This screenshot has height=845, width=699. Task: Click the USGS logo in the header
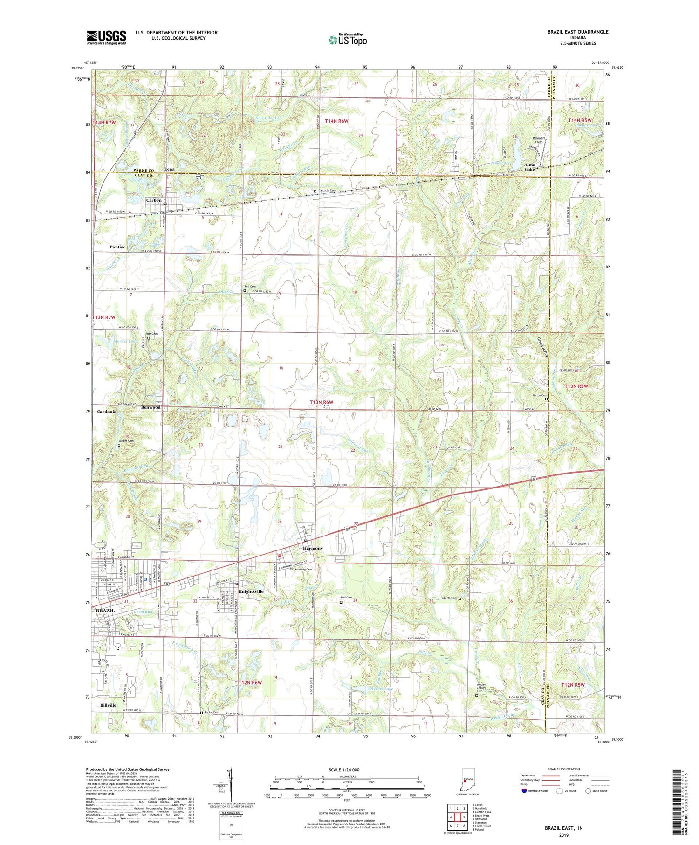click(106, 37)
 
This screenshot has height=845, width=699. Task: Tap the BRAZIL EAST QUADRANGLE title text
click(577, 32)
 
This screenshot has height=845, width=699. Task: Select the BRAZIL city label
click(105, 611)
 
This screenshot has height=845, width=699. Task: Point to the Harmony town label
click(313, 548)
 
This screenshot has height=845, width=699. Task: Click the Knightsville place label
click(251, 591)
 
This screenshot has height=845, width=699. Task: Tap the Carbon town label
click(154, 200)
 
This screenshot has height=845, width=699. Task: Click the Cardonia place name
click(107, 412)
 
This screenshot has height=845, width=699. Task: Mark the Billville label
click(108, 705)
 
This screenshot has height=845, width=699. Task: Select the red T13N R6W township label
click(322, 402)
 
